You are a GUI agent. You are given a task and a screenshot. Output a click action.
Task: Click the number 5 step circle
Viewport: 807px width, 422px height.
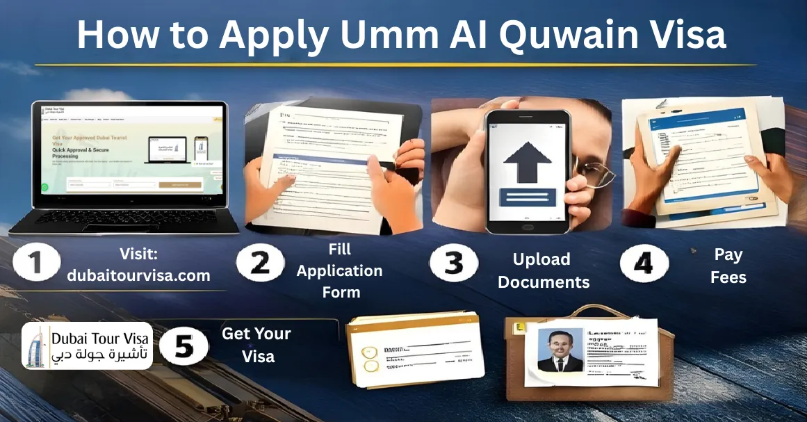pos(184,346)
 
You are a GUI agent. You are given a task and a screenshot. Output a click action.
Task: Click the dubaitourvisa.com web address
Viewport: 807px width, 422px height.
pos(138,275)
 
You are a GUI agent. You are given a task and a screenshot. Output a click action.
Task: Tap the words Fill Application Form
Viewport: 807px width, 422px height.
pos(340,270)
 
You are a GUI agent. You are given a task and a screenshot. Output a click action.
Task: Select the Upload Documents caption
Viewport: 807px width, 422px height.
pos(543,270)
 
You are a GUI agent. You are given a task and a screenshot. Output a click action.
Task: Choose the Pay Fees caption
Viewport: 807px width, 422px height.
pos(728,266)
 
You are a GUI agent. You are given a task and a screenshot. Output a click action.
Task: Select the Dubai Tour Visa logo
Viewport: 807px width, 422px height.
pos(87,346)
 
